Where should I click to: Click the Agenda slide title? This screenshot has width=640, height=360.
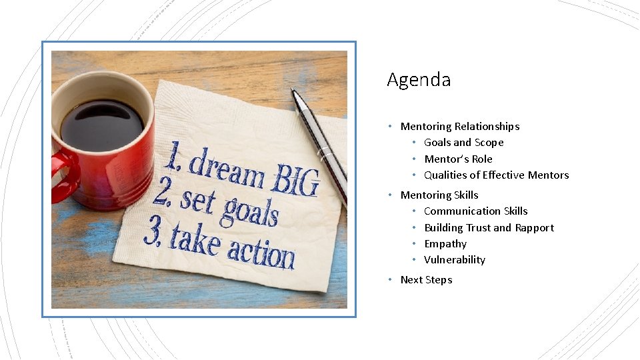point(419,81)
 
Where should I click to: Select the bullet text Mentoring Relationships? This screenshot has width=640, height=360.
point(459,127)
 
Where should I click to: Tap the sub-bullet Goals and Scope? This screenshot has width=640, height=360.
point(463,143)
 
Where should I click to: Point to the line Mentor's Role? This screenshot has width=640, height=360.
point(458,159)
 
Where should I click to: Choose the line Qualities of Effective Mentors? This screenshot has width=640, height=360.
point(496,175)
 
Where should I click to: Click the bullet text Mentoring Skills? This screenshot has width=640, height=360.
point(439,195)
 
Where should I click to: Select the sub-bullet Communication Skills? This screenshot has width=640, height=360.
point(475,211)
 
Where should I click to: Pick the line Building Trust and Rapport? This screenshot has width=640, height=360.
point(489,228)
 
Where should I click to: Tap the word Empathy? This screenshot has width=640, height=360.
point(445,244)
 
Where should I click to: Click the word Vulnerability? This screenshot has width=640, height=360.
point(454,260)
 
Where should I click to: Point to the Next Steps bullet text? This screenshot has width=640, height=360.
point(426,280)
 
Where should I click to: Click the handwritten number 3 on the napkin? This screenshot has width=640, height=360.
point(152,229)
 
